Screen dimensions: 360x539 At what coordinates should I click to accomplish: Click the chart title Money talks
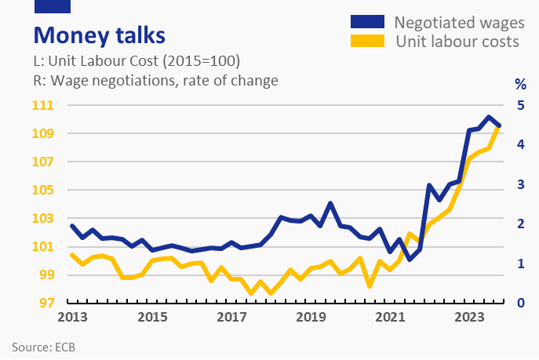pos(98,36)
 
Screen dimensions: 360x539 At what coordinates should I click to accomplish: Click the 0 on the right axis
pos(519,304)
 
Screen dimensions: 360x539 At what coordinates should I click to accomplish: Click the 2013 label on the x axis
pos(72,318)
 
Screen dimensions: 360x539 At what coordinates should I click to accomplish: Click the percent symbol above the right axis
pos(519,83)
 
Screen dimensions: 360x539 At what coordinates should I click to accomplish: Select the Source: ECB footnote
pos(44,347)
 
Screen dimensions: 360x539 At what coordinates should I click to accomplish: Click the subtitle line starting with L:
pos(136,61)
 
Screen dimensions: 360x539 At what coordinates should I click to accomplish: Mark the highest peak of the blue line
pos(489,117)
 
